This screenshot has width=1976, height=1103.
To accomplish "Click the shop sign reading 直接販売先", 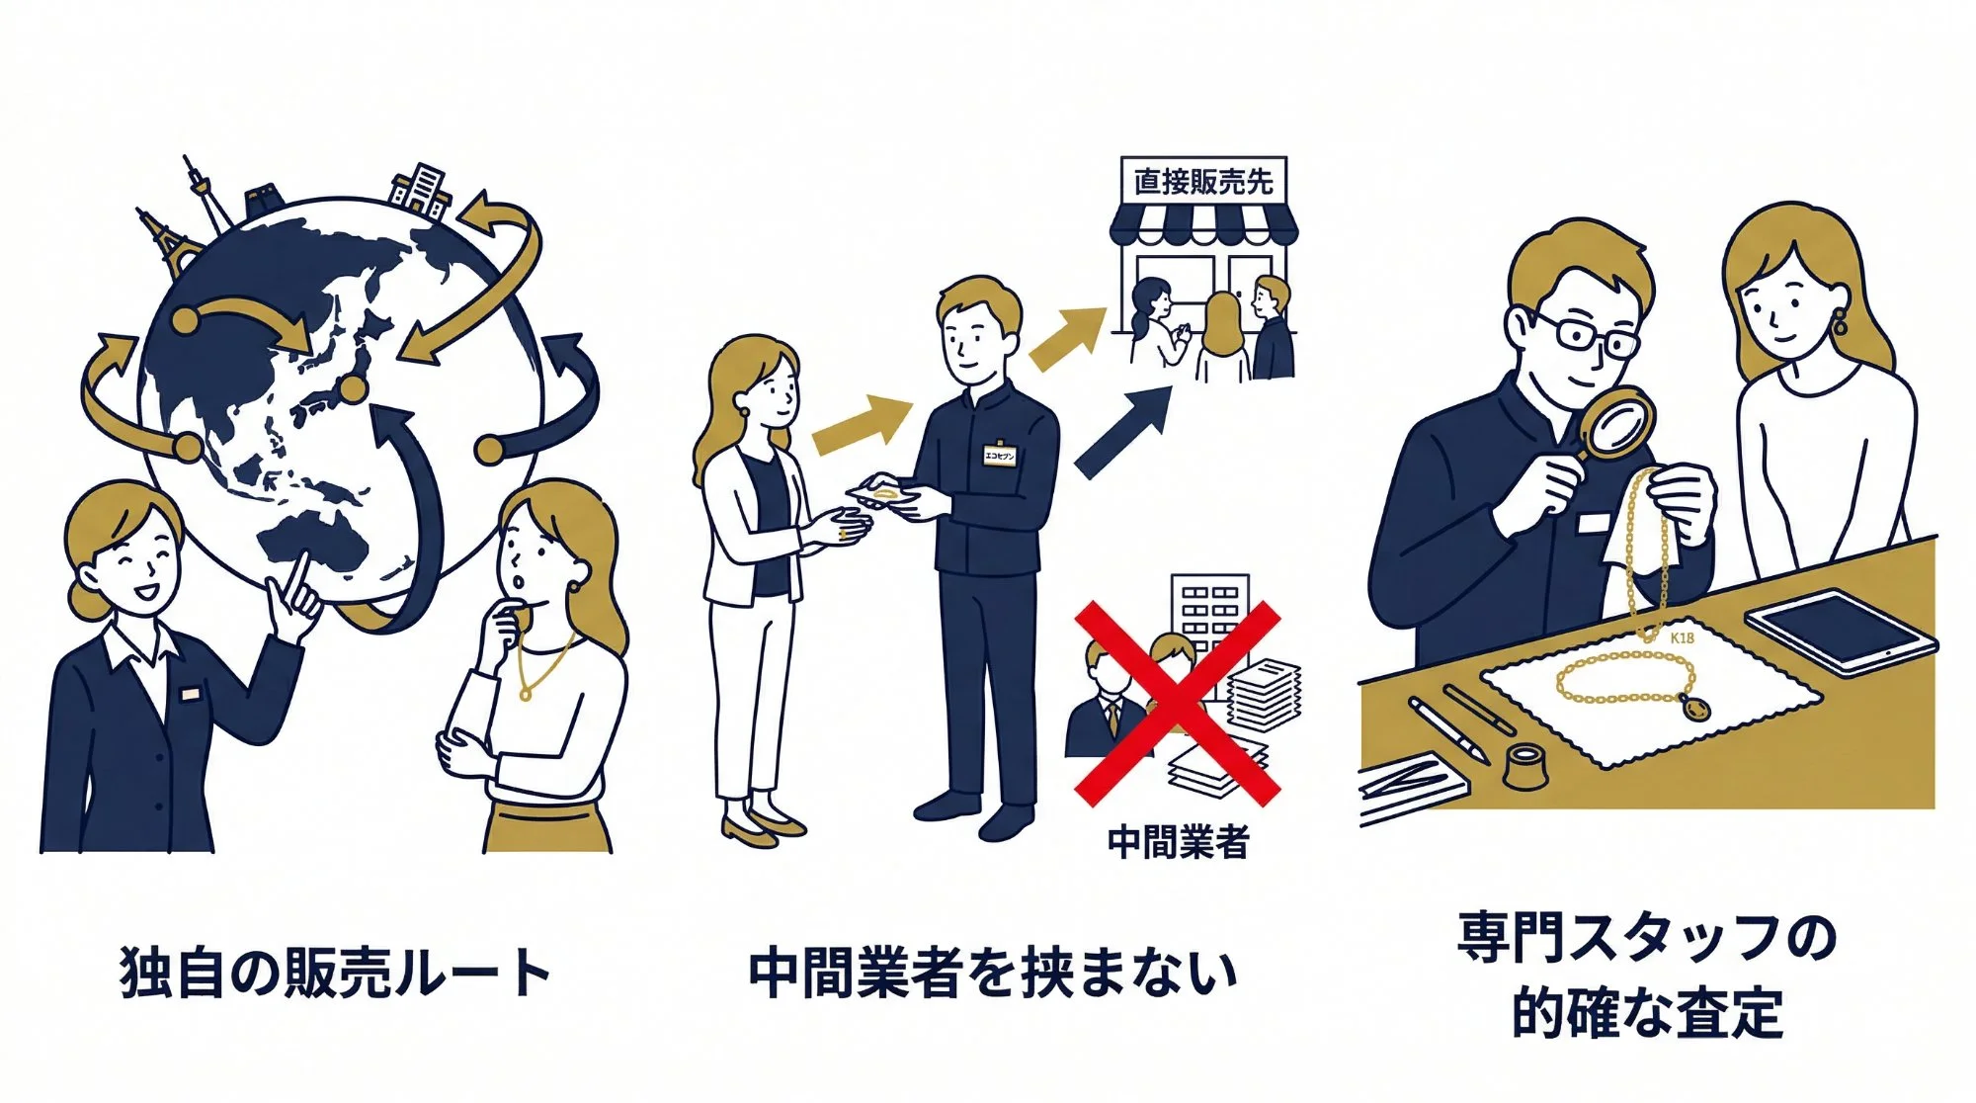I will click(1202, 182).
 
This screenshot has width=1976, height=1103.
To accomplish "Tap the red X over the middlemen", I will click(1176, 703).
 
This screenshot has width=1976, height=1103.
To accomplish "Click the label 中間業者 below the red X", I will click(1178, 842).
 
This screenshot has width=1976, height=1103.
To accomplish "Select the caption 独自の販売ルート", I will click(334, 973).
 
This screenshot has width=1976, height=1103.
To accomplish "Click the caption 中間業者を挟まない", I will click(992, 973).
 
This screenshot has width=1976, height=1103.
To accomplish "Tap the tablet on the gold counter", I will click(1838, 633).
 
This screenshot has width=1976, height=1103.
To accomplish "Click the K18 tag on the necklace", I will click(1682, 638).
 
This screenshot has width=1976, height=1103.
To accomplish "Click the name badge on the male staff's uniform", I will click(999, 455).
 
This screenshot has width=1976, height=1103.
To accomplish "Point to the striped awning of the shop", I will click(1202, 225).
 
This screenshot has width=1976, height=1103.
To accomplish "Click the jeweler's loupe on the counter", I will click(1527, 766).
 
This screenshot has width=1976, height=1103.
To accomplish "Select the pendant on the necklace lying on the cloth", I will click(1696, 708).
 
